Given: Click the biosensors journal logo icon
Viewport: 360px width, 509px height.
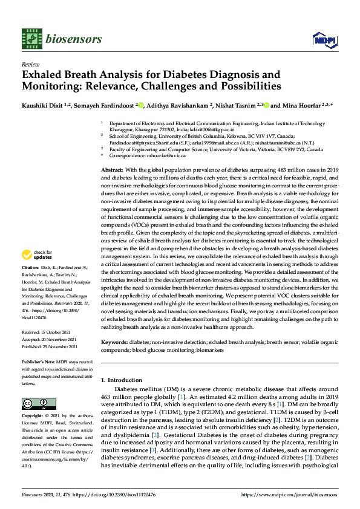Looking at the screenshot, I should click(x=31, y=39).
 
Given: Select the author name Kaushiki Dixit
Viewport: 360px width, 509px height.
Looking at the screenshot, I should click(x=40, y=106).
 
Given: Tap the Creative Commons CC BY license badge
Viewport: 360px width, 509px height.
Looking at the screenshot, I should click(x=35, y=403).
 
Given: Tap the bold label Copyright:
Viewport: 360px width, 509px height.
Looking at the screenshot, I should click(x=33, y=417).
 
